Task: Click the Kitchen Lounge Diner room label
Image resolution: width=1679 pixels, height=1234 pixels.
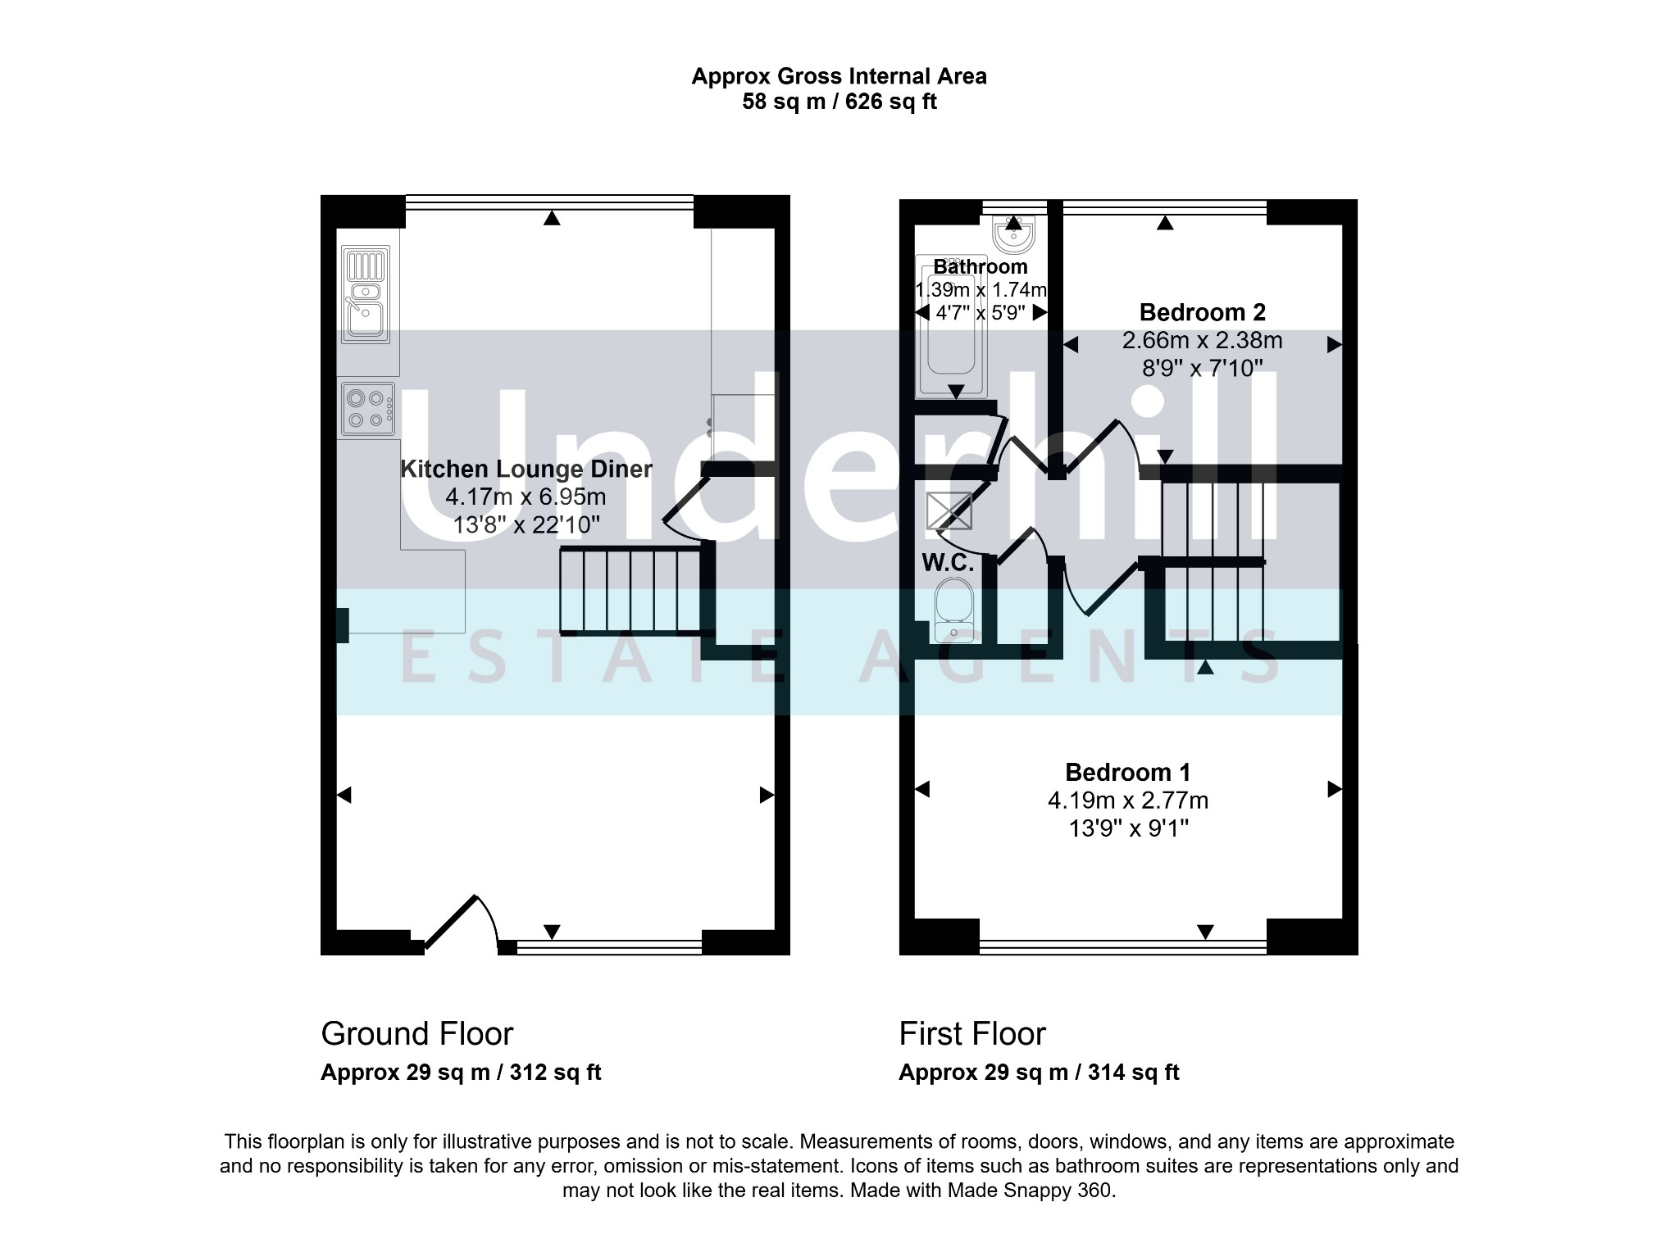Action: click(x=526, y=470)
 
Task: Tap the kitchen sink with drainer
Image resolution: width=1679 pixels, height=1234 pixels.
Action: click(x=366, y=295)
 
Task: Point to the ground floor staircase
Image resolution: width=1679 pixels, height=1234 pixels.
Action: click(x=630, y=592)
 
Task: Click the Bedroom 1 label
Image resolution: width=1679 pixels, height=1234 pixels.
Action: click(x=1127, y=772)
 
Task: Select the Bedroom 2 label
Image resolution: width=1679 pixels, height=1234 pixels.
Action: click(x=1202, y=312)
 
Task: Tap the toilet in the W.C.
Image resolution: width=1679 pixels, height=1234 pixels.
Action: click(x=953, y=610)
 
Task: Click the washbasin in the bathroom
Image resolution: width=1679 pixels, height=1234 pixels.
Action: click(x=1013, y=234)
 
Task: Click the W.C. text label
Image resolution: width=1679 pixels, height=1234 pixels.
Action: click(x=948, y=563)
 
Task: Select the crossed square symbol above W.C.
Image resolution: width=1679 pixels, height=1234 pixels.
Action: click(x=949, y=511)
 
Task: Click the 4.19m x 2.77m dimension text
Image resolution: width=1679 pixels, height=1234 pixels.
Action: click(x=1127, y=801)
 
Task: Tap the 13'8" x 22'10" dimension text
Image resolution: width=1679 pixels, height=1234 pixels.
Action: click(x=526, y=524)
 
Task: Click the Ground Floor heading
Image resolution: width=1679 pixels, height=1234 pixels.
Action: click(x=416, y=1034)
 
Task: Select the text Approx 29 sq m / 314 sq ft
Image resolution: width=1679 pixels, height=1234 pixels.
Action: click(x=1038, y=1073)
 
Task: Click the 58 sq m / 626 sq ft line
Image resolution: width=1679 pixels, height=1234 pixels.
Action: click(x=839, y=102)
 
